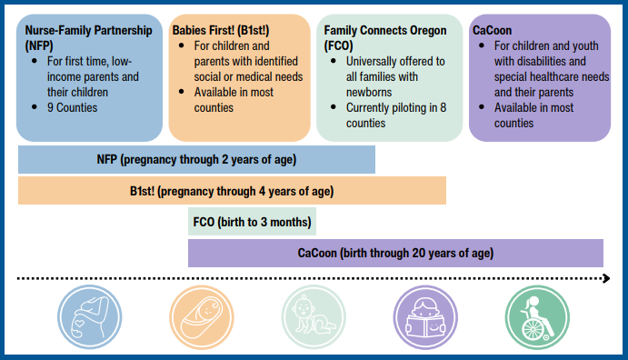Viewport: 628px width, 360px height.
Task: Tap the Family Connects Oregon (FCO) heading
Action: click(x=385, y=37)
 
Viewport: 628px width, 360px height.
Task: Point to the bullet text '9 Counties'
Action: click(x=74, y=108)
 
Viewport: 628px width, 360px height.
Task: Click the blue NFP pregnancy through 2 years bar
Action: click(x=196, y=160)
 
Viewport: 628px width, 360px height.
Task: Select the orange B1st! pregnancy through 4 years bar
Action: click(x=232, y=191)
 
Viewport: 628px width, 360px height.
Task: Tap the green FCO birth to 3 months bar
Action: click(x=252, y=222)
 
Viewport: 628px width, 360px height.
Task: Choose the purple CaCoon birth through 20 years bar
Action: click(x=395, y=253)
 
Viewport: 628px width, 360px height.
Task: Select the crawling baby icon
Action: click(x=310, y=315)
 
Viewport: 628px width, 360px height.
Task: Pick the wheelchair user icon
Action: click(x=533, y=315)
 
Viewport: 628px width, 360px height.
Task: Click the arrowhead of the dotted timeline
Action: click(x=603, y=278)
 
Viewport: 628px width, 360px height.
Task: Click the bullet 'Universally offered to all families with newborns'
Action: click(x=391, y=77)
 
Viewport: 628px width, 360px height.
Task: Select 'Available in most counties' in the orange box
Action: click(x=231, y=100)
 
